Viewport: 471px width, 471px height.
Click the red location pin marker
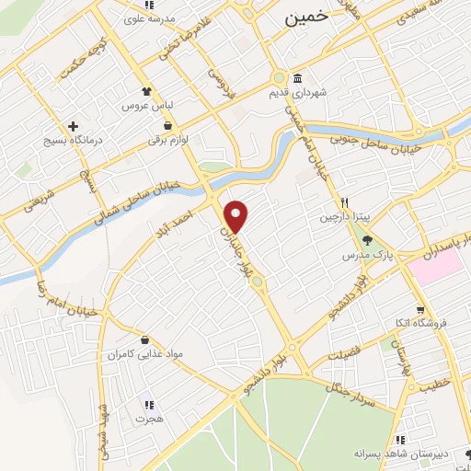237,215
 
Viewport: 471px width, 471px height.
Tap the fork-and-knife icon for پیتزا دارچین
344,202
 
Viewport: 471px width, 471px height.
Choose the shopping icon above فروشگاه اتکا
420,309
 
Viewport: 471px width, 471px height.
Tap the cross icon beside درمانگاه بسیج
73,126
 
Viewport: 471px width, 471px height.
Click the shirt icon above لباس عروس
144,91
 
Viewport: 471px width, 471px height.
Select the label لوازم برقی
167,141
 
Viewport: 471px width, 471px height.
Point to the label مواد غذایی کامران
139,354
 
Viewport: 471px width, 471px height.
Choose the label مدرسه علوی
154,18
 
